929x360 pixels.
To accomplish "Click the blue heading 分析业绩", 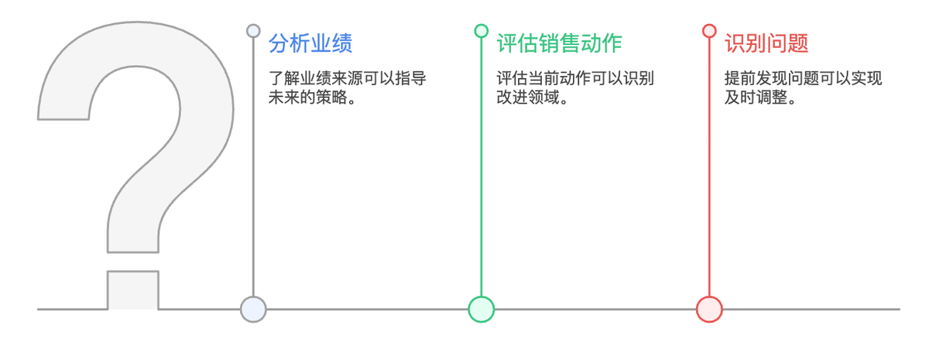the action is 310,43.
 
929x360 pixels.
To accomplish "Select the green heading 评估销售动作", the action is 560,43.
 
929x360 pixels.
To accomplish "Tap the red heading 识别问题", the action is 766,43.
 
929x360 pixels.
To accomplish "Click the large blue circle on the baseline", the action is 253,310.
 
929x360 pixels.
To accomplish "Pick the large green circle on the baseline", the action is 481,310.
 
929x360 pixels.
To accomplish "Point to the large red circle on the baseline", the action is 709,310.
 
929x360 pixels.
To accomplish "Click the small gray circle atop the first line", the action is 253,31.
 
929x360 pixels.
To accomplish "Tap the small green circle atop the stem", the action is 481,31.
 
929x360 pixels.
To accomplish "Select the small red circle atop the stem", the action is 709,31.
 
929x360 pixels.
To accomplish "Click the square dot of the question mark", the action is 133,290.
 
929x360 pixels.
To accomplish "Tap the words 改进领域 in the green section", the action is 528,98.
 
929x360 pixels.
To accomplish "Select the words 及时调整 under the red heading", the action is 756,98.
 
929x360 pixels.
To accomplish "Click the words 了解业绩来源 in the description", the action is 316,78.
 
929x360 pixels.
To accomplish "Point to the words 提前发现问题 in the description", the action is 772,78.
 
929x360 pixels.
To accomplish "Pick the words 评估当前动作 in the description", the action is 543,78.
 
